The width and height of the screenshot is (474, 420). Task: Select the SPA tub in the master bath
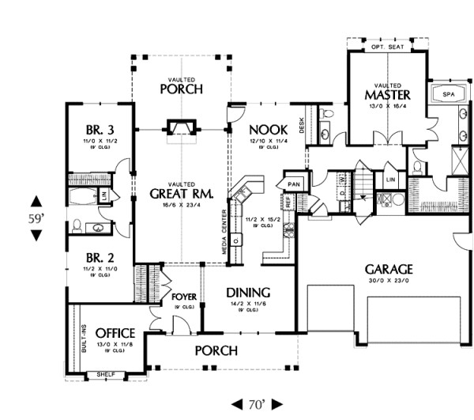pos(448,94)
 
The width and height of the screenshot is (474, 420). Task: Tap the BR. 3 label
pos(100,130)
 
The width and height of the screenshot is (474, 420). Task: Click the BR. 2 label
pos(100,259)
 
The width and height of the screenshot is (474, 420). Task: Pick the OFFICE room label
pos(115,333)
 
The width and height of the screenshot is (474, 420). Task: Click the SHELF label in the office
pos(105,374)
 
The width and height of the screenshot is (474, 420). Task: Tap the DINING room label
pos(248,291)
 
